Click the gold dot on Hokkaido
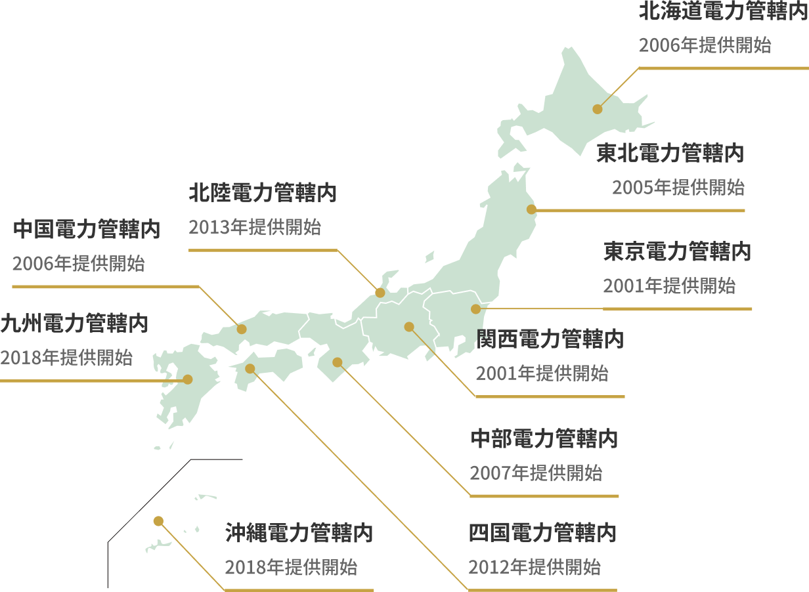click(x=597, y=109)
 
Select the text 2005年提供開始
click(x=678, y=188)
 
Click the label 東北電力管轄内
click(x=670, y=154)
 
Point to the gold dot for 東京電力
click(x=475, y=308)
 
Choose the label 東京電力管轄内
click(x=677, y=251)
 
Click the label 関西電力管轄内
click(x=550, y=339)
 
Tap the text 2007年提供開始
click(x=536, y=473)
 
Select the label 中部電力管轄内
click(x=544, y=438)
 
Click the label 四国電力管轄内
click(x=542, y=533)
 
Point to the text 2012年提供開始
click(x=535, y=567)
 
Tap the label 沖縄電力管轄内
click(x=299, y=533)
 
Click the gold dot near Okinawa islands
click(x=158, y=520)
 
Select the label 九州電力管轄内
click(x=74, y=324)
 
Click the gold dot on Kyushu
click(x=187, y=379)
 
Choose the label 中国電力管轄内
click(x=87, y=230)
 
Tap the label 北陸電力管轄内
click(x=263, y=193)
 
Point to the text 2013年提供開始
click(x=255, y=228)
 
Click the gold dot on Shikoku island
click(x=250, y=368)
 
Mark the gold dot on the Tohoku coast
click(x=531, y=210)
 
